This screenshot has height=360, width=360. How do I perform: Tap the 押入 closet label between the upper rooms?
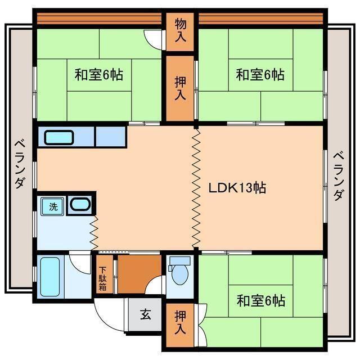point(179,87)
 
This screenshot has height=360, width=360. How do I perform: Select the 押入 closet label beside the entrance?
point(179,322)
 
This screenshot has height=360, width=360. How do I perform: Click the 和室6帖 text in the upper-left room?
point(100,74)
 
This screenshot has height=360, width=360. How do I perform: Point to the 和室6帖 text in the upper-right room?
point(260,74)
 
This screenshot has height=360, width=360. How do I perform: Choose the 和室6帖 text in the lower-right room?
point(260,301)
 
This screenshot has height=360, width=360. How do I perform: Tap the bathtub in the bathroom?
point(50,277)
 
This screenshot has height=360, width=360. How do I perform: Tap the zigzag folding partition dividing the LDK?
point(196,188)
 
